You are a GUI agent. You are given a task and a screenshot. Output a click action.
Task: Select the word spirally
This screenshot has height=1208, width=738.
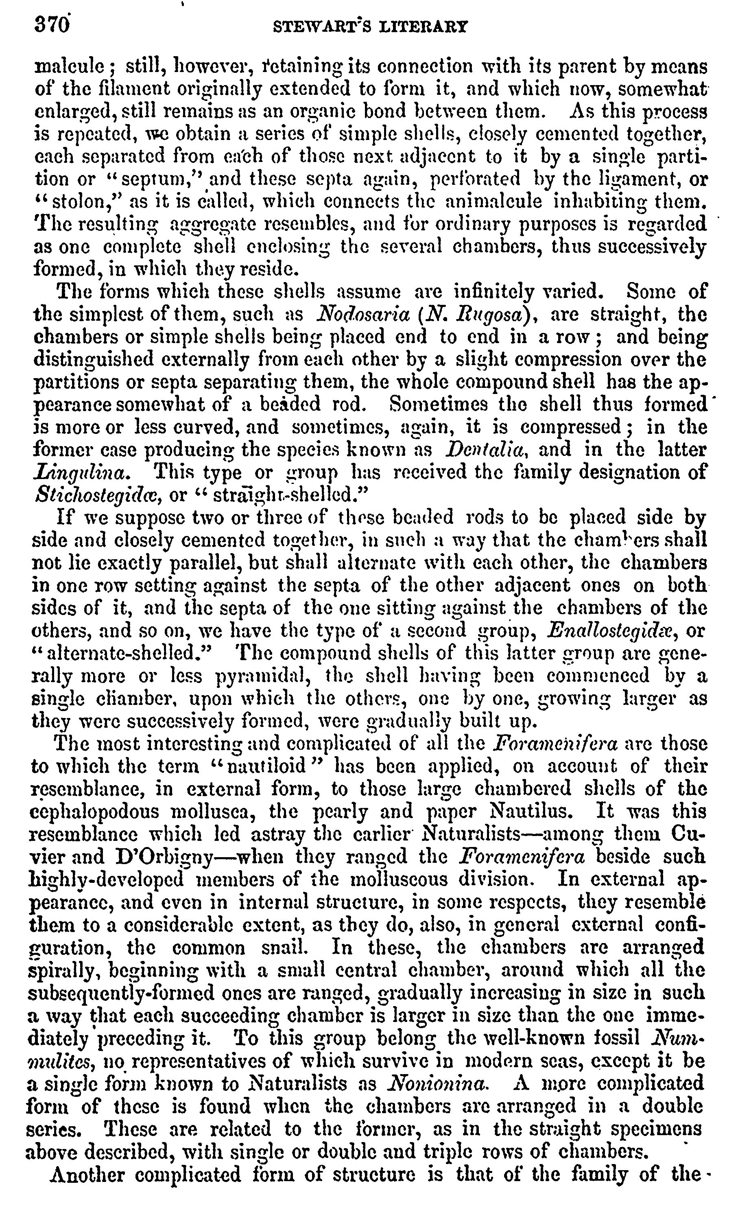coord(64,970)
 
